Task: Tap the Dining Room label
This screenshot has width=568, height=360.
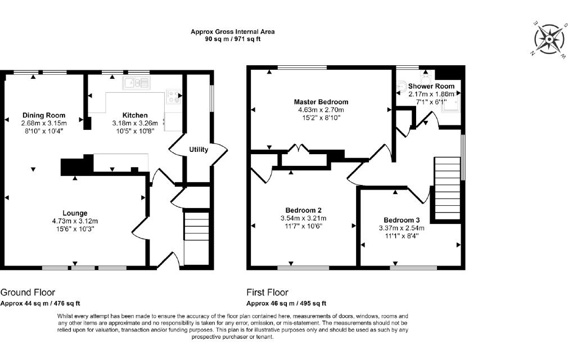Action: [x=44, y=115]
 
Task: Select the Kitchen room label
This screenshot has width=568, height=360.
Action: [x=135, y=115]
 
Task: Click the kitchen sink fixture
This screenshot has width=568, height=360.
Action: [x=136, y=83]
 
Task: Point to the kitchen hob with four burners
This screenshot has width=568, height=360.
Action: [x=173, y=96]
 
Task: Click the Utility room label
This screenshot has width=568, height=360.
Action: [x=199, y=149]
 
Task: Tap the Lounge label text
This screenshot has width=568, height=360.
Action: [x=75, y=213]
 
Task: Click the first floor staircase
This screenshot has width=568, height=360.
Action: [x=448, y=188]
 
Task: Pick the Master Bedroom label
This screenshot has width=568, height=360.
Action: [x=321, y=102]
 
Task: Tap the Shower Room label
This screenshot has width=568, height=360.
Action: [x=431, y=86]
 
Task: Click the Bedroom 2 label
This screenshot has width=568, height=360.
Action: [x=303, y=210]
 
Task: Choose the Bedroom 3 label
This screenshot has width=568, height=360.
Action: [x=402, y=220]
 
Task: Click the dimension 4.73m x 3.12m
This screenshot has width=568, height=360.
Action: [x=75, y=221]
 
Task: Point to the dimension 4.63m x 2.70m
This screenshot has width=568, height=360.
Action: [x=321, y=110]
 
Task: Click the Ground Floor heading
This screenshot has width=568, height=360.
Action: [x=28, y=292]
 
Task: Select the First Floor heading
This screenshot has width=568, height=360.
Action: [x=267, y=292]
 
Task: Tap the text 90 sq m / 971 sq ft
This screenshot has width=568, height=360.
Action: [x=233, y=39]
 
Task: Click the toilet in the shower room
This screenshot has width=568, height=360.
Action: [x=426, y=76]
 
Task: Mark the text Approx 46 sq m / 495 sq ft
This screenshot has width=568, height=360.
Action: [x=286, y=304]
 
